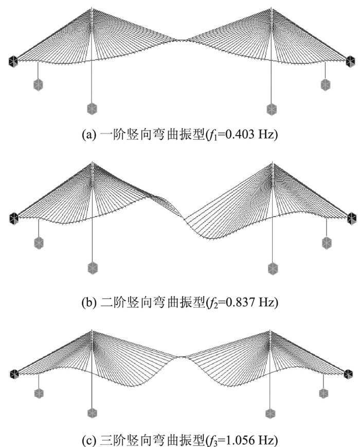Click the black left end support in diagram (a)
pyautogui.click(x=13, y=62)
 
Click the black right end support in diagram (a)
pyautogui.click(x=349, y=62)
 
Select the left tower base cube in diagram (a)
pyautogui.click(x=92, y=108)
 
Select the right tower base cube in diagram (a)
pyautogui.click(x=272, y=109)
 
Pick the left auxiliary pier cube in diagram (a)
pyautogui.click(x=38, y=85)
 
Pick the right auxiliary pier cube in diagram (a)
pyautogui.click(x=325, y=85)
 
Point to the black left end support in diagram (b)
pyautogui.click(x=13, y=218)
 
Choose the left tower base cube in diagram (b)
pyautogui.click(x=92, y=268)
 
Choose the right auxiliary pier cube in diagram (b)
pyautogui.click(x=326, y=242)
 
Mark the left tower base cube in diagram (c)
pyautogui.click(x=92, y=413)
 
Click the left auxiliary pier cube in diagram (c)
pyautogui.click(x=39, y=393)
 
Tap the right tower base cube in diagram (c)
pyautogui.click(x=271, y=413)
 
